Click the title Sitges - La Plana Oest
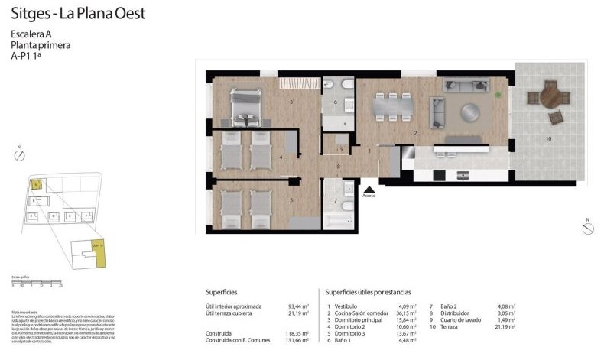[x=78, y=14]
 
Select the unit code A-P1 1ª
[x=28, y=56]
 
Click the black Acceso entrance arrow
[x=369, y=187]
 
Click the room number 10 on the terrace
[x=547, y=138]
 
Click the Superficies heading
[x=221, y=292]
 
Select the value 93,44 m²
[x=298, y=306]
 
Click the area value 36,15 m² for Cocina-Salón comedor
[x=406, y=313]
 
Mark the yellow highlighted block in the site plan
[x=35, y=183]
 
